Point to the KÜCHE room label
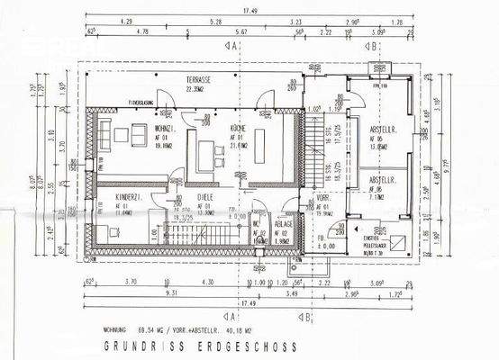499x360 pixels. [x=238, y=130]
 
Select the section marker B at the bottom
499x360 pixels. [x=307, y=317]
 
